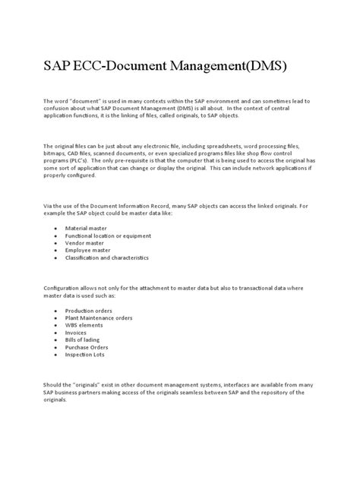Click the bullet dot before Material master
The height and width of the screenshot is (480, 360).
point(57,228)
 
